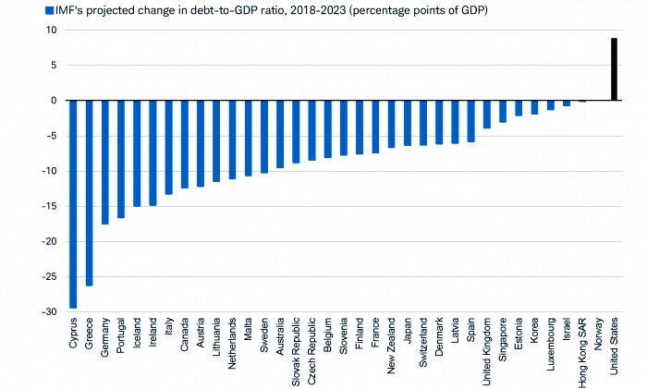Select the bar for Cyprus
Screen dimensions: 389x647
[x=73, y=203]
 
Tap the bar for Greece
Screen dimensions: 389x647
[x=89, y=192]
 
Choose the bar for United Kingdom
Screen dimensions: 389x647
[x=486, y=114]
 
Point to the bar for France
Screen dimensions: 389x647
[x=375, y=127]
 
